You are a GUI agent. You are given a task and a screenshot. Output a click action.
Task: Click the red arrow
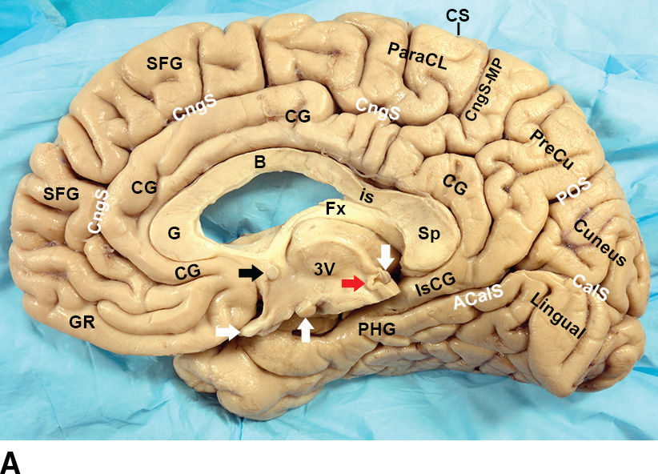point(354,283)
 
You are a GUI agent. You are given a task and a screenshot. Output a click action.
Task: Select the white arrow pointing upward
point(305,328)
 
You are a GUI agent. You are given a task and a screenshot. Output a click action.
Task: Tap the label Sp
point(427,233)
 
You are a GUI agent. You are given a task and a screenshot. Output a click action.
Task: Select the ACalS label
point(478,300)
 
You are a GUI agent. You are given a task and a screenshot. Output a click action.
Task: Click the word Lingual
point(557,315)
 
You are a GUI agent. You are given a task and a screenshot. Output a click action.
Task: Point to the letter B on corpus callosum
point(259,162)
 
